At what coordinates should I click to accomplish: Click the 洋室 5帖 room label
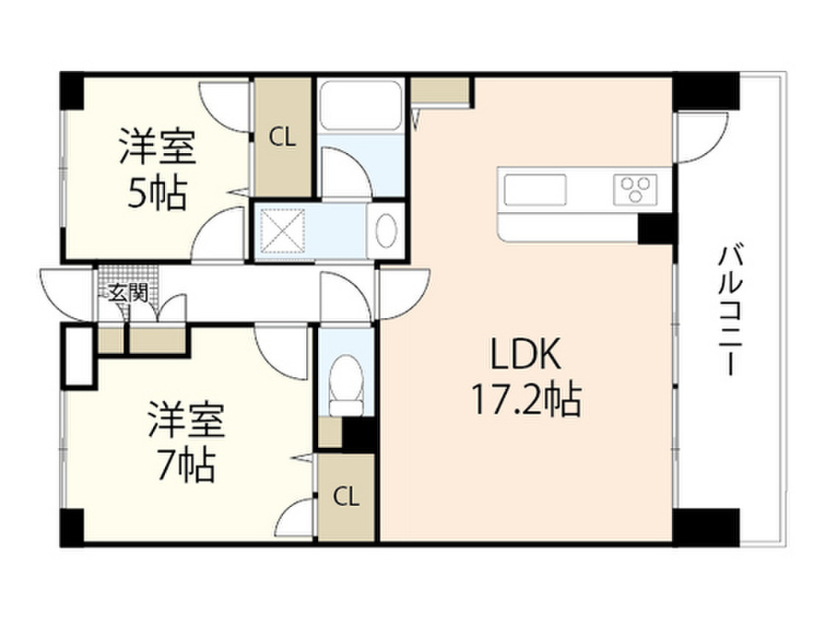coord(156,168)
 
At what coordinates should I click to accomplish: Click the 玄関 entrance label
coord(124,293)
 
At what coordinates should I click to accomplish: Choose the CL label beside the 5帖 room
coord(282,138)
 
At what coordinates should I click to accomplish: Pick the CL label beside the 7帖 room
coord(346,497)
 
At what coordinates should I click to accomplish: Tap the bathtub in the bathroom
coord(360,105)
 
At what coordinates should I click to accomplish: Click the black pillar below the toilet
coord(359,434)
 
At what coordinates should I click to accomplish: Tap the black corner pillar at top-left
coord(73,91)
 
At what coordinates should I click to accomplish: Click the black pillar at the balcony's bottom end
coord(706,526)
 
